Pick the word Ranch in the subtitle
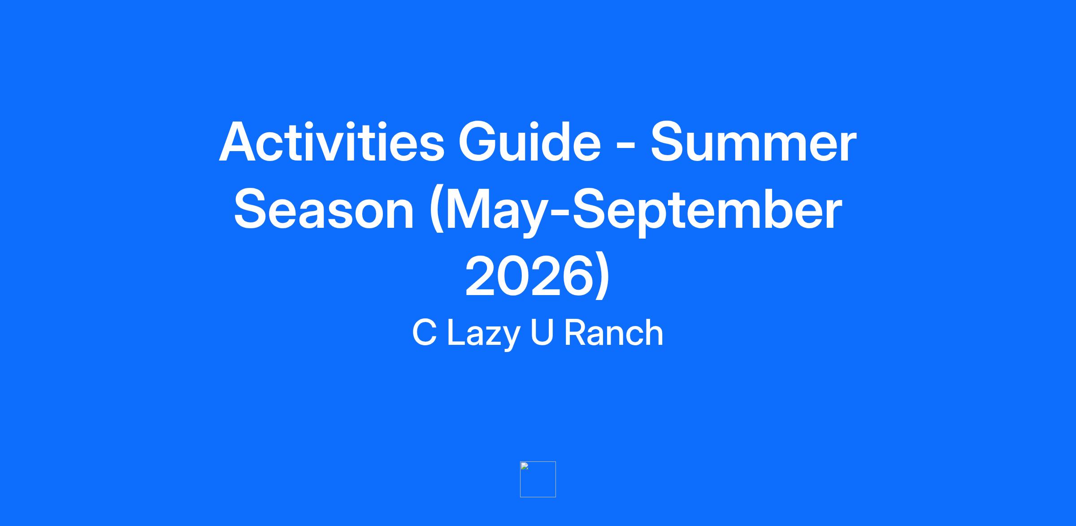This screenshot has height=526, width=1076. tap(613, 333)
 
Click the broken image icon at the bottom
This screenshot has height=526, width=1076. tap(538, 479)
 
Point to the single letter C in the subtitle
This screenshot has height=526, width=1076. tap(424, 333)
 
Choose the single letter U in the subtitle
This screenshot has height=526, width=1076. tap(542, 333)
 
